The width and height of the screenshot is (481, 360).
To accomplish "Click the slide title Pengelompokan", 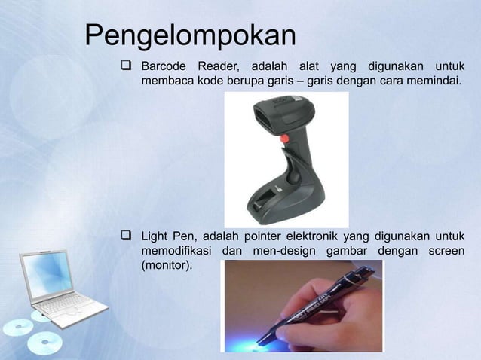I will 190,35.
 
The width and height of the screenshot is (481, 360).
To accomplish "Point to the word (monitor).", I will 167,266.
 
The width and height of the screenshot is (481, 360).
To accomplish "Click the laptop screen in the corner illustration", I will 47,273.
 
